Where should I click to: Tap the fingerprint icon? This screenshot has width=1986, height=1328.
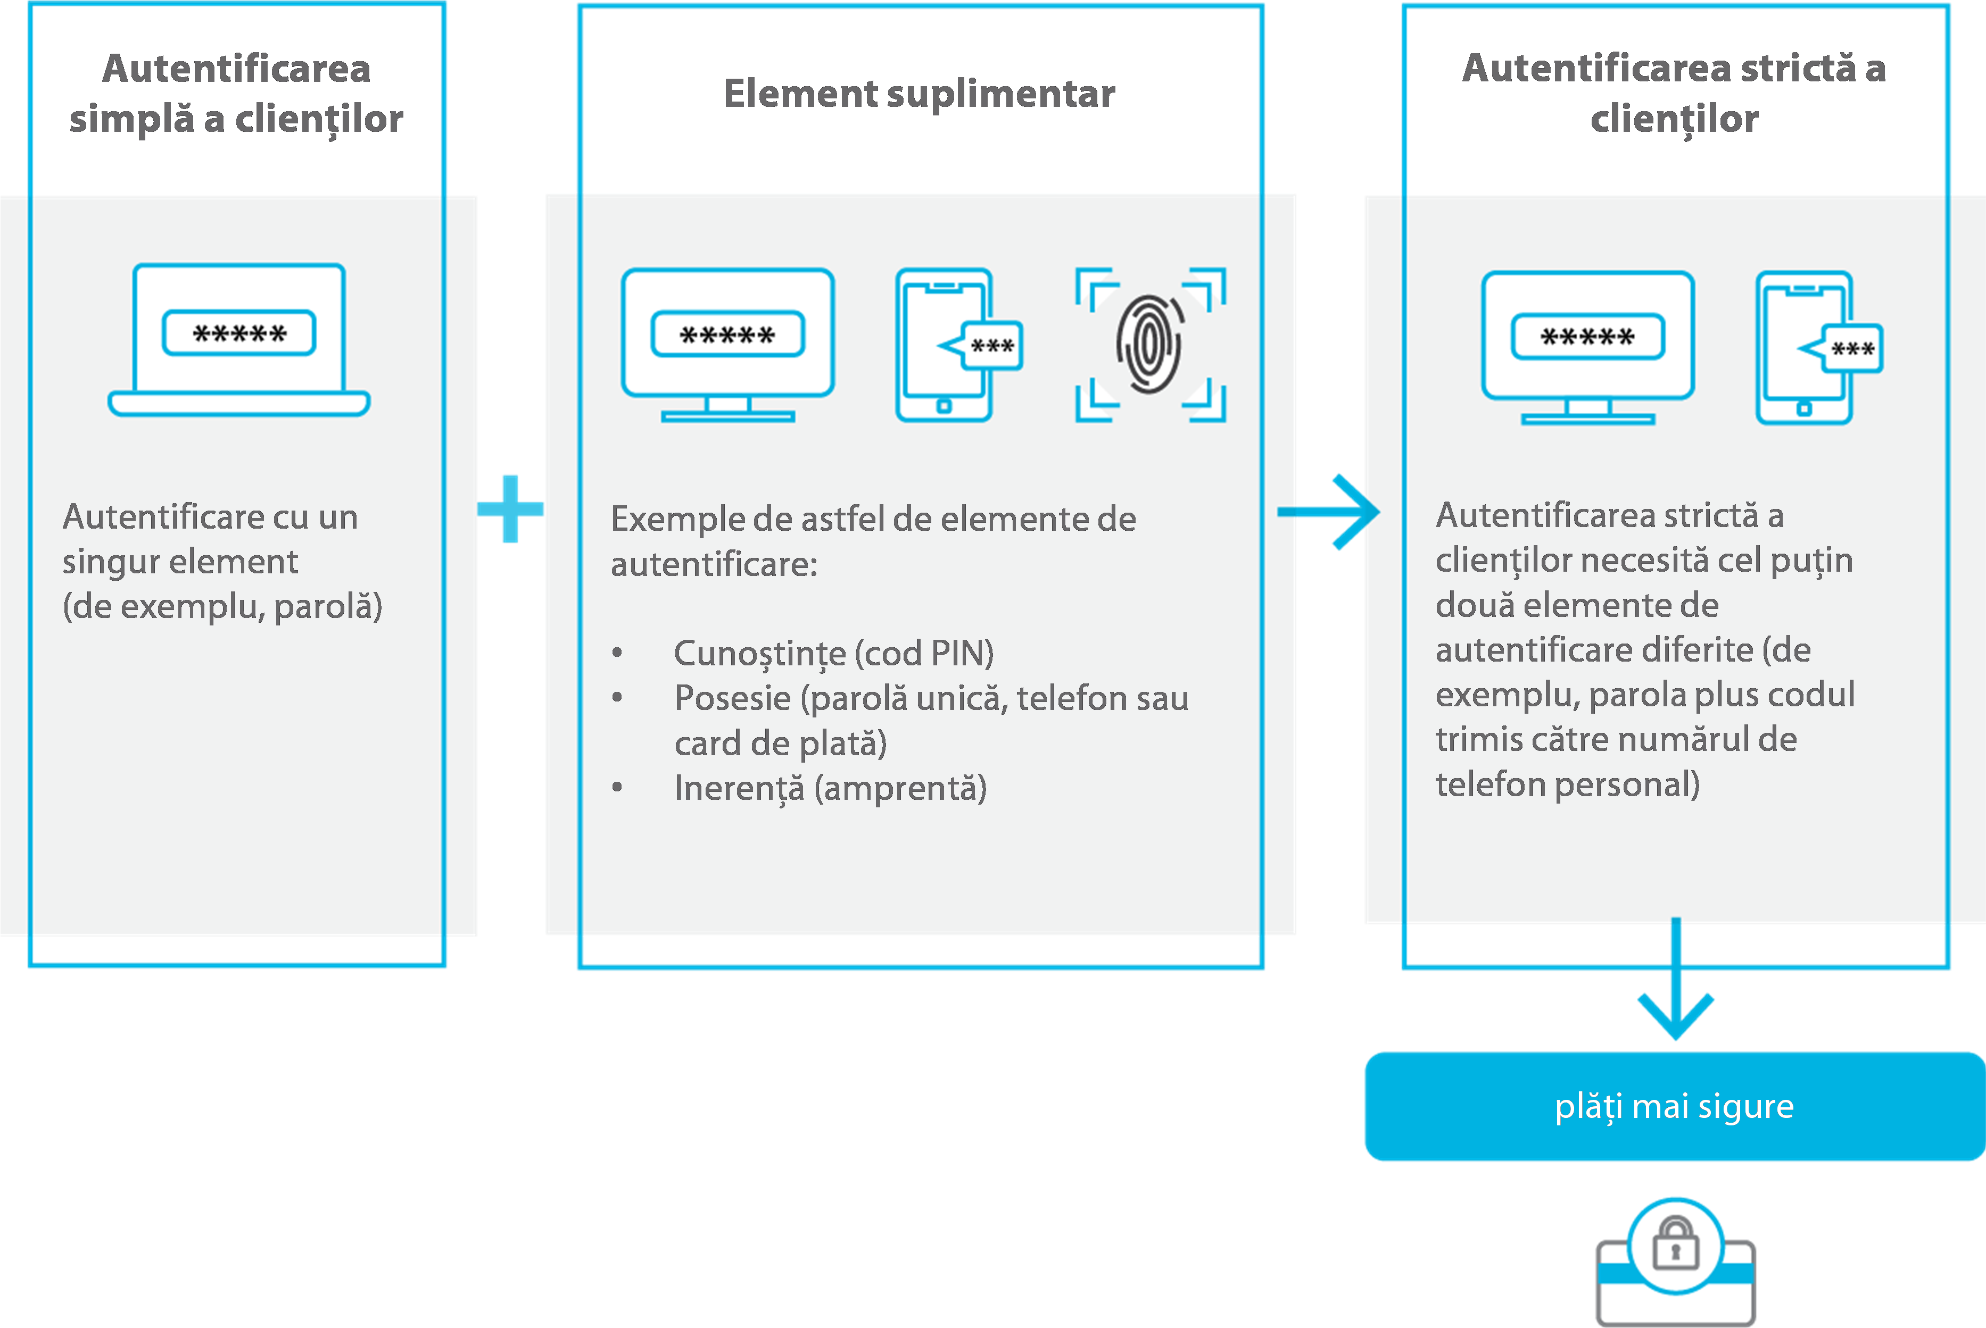1150,344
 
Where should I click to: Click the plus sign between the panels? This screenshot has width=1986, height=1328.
510,508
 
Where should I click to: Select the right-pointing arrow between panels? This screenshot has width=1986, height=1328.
1330,512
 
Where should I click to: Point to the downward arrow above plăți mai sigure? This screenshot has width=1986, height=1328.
1675,982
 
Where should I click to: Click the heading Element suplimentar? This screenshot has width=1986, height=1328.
919,93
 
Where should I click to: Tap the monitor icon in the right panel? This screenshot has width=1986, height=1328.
1588,347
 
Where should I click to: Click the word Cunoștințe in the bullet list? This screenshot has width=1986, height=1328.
760,653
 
